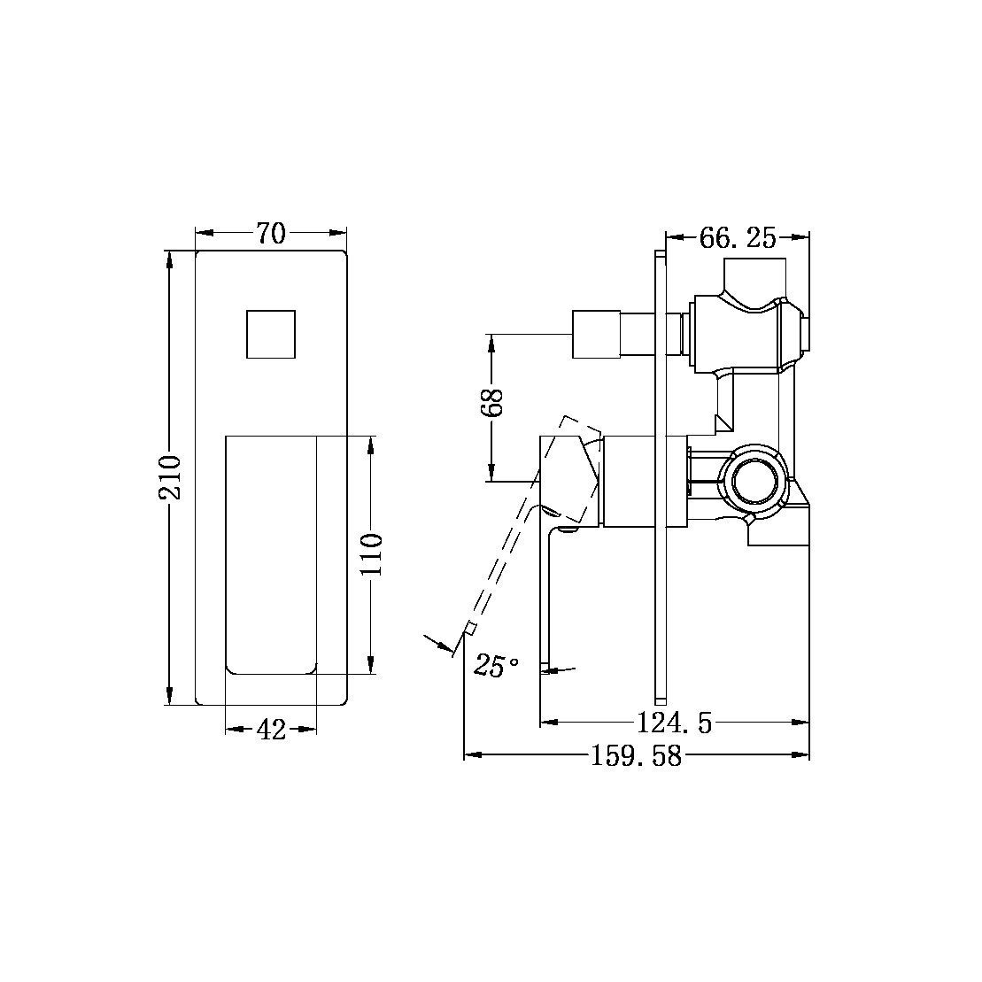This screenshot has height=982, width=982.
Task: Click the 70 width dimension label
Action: coord(271,234)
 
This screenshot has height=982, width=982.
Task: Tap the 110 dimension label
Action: coord(372,554)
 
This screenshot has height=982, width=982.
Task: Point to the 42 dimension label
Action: coord(271,730)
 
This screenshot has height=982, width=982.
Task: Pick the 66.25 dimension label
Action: coord(737,237)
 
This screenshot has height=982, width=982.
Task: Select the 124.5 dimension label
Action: coord(674,723)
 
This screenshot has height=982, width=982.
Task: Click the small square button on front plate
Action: coord(270,335)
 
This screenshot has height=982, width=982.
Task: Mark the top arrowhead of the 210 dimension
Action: coord(170,258)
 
